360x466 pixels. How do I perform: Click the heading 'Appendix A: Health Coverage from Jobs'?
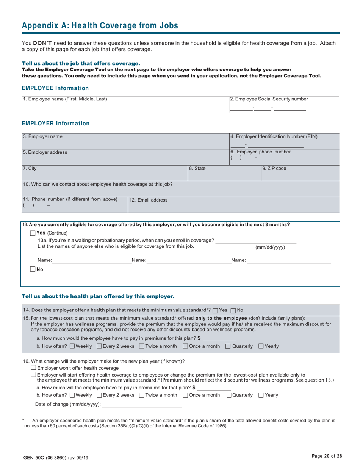point(100,26)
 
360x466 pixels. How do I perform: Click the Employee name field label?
point(65,99)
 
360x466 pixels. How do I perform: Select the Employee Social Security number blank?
point(268,108)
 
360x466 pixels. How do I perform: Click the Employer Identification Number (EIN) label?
point(274,136)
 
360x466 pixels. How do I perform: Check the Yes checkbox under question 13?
point(33,233)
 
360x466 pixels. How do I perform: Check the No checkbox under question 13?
point(33,269)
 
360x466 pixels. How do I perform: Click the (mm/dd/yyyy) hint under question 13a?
point(270,247)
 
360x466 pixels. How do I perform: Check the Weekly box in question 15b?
point(72,346)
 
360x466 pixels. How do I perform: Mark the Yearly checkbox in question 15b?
point(261,346)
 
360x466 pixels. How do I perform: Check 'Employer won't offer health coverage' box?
point(33,367)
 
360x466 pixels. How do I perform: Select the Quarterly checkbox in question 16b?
point(229,395)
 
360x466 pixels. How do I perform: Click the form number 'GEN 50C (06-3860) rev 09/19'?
point(56,458)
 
